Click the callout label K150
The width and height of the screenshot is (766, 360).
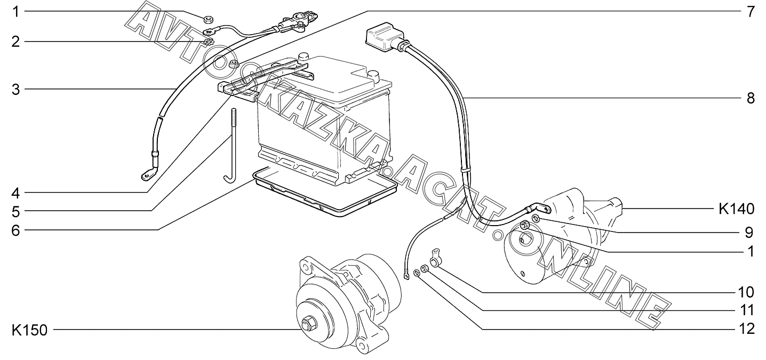click(29, 331)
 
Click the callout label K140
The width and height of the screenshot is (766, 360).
click(736, 209)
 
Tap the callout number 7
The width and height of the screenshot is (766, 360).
click(751, 12)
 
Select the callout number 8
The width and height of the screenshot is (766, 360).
click(751, 99)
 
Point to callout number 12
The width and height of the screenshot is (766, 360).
click(746, 329)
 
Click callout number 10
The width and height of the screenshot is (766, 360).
click(746, 292)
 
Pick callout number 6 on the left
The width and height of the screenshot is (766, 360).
click(15, 230)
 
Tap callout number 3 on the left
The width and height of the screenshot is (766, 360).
click(15, 90)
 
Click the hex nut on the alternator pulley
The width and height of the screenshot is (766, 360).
click(307, 324)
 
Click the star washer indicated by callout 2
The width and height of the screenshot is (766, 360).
click(208, 43)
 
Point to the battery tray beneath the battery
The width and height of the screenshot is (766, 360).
click(325, 193)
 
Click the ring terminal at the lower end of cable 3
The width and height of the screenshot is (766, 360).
click(148, 175)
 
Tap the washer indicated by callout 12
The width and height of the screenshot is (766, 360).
click(417, 273)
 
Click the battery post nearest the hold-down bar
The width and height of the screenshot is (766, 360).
click(302, 57)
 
